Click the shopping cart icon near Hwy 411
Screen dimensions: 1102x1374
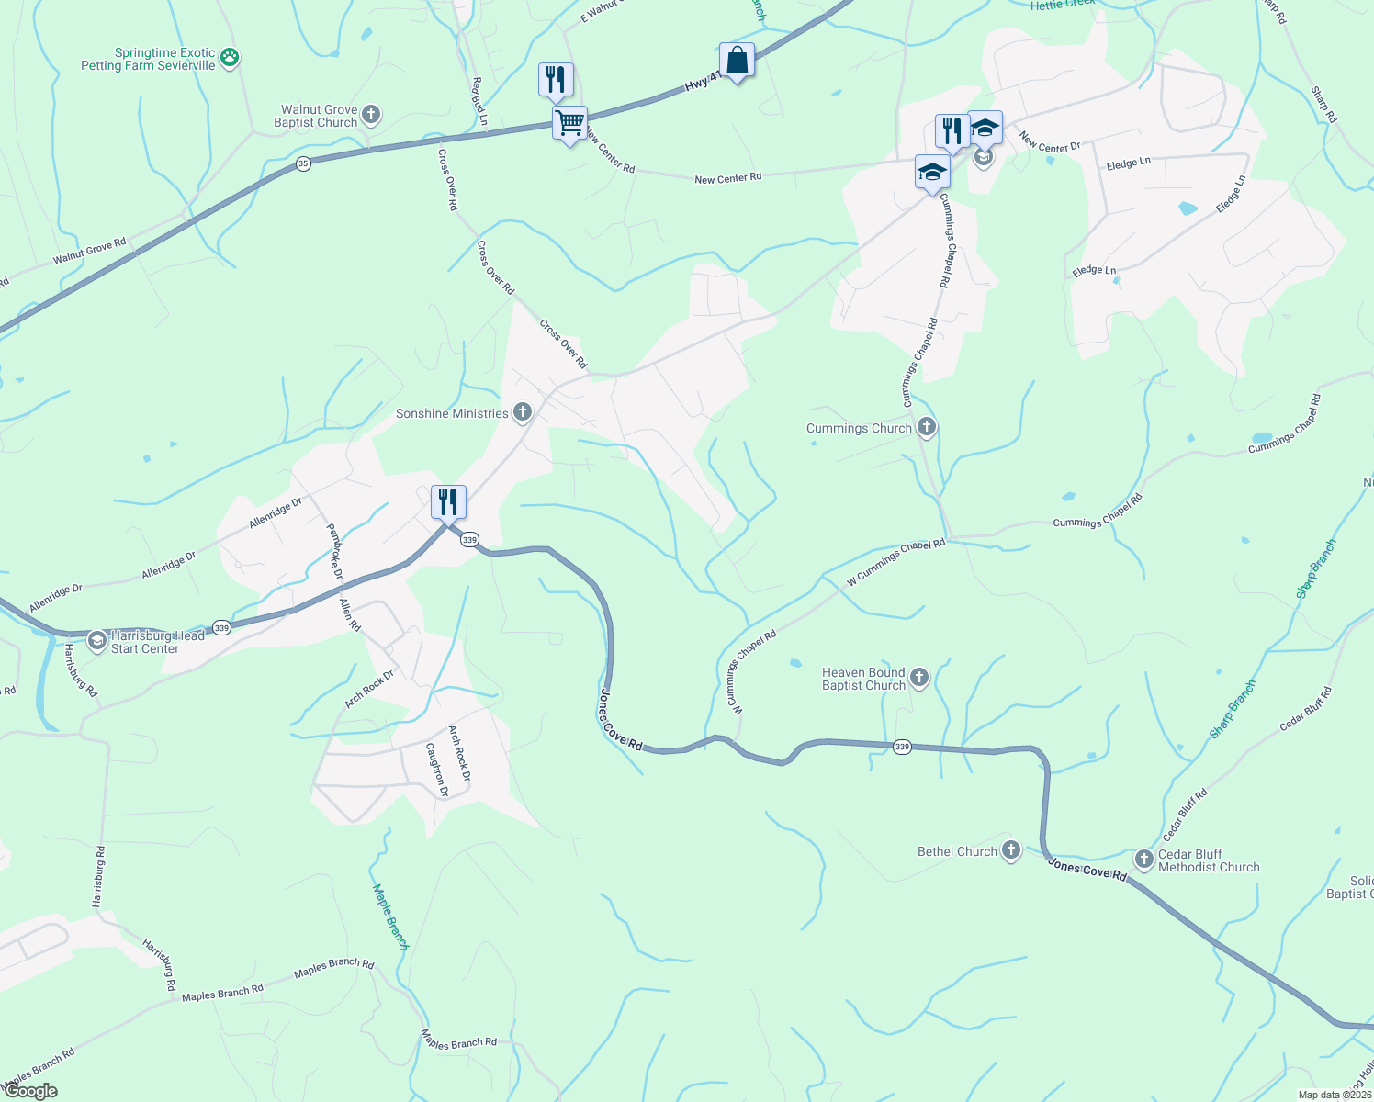point(569,122)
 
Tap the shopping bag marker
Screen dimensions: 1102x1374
point(737,61)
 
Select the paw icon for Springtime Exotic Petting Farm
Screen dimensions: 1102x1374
point(230,59)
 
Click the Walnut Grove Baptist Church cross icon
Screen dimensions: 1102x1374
point(370,115)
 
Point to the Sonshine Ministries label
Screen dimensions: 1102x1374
point(452,413)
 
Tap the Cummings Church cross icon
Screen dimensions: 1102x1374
point(926,427)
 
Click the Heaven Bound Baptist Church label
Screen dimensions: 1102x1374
point(863,679)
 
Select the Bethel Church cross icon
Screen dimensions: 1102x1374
point(1010,850)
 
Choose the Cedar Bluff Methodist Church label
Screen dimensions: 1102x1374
point(1208,860)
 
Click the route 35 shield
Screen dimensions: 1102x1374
point(304,163)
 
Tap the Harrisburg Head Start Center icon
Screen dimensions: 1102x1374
point(97,641)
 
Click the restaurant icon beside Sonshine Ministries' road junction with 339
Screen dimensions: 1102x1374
point(448,502)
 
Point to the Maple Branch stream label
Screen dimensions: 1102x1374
point(389,916)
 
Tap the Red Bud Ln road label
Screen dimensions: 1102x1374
point(479,101)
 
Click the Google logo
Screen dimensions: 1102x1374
point(30,1091)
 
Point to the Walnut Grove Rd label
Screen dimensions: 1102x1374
point(89,251)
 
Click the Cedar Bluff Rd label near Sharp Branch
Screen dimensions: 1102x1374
point(1184,815)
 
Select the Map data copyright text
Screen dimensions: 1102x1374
point(1334,1095)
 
